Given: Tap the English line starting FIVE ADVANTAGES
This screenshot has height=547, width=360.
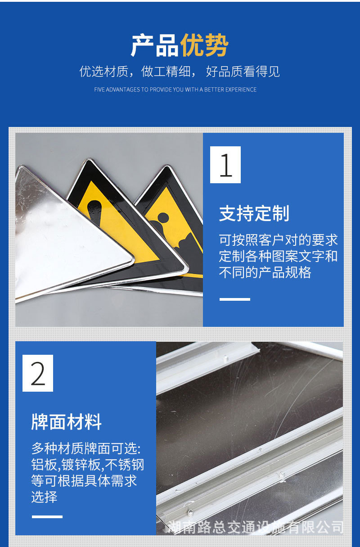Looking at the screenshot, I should [x=175, y=90].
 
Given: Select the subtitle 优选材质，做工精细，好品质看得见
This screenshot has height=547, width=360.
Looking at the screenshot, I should [x=180, y=71].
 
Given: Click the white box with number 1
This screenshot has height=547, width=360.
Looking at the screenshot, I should [x=225, y=165].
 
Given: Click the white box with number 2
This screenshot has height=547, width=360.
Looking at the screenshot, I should [x=38, y=373].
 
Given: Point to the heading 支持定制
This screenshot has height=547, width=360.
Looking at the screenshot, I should [x=254, y=213].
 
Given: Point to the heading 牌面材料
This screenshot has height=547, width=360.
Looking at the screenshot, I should [x=67, y=422].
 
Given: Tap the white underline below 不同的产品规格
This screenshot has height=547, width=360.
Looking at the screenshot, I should [x=234, y=299].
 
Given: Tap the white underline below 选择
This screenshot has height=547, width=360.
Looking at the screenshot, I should [x=47, y=516].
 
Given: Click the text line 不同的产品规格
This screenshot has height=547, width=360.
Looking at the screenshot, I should [x=265, y=272].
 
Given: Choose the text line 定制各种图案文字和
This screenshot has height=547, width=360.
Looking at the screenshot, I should [x=278, y=256].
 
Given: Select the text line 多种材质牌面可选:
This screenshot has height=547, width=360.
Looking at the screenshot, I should [x=86, y=448].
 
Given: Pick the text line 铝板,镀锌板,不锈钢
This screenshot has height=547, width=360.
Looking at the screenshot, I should [x=87, y=465].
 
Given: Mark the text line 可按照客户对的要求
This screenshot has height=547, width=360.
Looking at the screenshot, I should [x=278, y=240].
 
